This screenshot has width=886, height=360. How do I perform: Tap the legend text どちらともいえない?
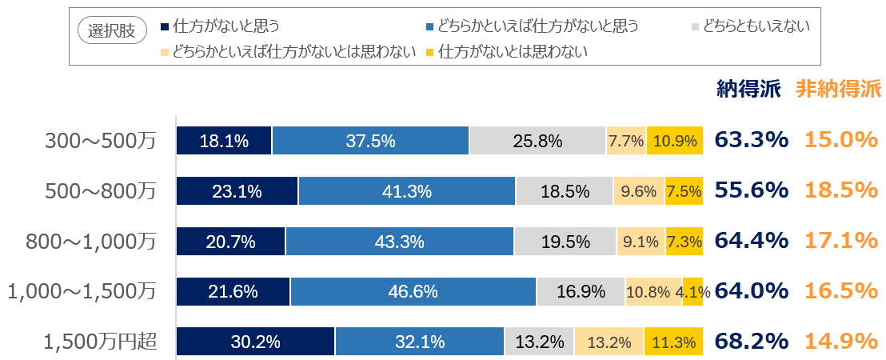coord(756,26)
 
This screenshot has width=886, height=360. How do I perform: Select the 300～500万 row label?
coord(101,141)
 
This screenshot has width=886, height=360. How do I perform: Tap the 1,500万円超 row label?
coord(101,342)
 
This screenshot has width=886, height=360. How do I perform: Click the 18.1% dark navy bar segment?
coord(224,141)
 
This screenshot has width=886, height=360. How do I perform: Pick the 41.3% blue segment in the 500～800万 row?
coord(406,191)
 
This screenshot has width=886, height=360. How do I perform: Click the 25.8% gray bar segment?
coord(537,141)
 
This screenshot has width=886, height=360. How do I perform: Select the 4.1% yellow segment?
coord(692,292)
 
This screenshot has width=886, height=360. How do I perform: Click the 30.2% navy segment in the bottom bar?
coord(255,342)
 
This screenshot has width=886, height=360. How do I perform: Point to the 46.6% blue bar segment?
coord(413,292)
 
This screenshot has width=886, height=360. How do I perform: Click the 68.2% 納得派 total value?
coord(752,341)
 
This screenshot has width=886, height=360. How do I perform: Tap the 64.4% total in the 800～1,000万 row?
coord(752,240)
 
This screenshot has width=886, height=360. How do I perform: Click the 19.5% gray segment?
coord(565,242)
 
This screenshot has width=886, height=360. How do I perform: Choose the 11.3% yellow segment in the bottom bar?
coord(673,342)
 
